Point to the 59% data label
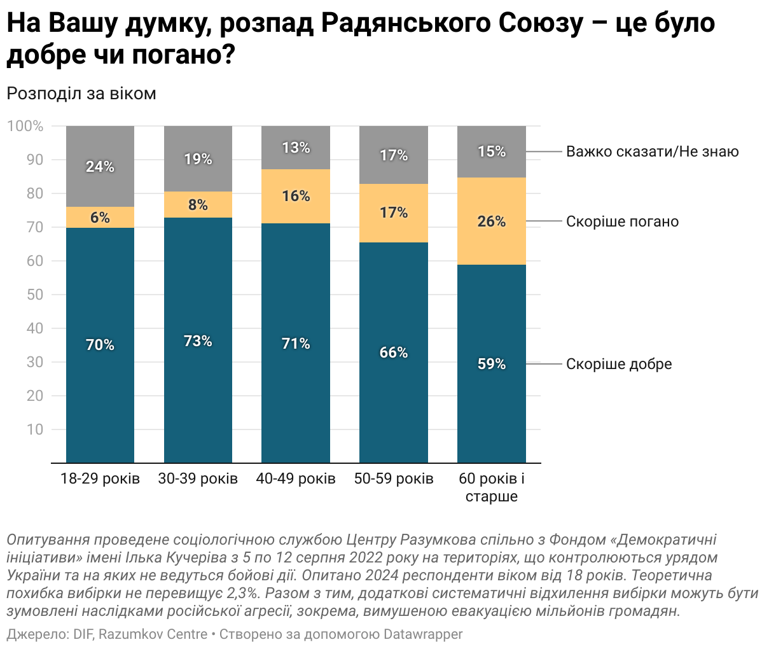[x=492, y=364]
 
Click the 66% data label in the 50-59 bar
[x=394, y=352]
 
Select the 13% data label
[x=296, y=148]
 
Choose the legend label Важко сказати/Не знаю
[x=653, y=151]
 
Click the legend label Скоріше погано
[x=622, y=221]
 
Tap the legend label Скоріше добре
[x=619, y=364]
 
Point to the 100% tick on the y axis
[x=25, y=126]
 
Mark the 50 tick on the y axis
[x=35, y=295]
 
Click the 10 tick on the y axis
[x=35, y=429]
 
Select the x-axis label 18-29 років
[x=100, y=478]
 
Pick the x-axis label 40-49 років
[x=296, y=478]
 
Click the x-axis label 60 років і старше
[x=492, y=487]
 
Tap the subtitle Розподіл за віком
[x=81, y=94]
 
